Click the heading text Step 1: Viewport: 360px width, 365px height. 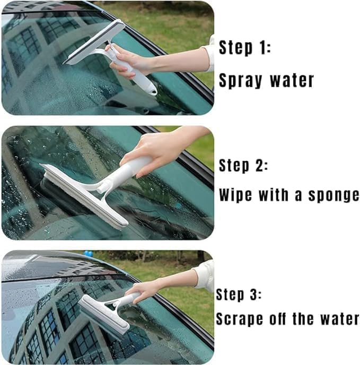[245, 48]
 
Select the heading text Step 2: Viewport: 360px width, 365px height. [244, 166]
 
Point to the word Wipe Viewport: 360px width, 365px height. [236, 195]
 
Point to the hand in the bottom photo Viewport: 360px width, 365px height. [143, 290]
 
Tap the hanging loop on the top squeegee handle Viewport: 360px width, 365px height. [152, 91]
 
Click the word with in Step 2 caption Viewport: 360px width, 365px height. [274, 195]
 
